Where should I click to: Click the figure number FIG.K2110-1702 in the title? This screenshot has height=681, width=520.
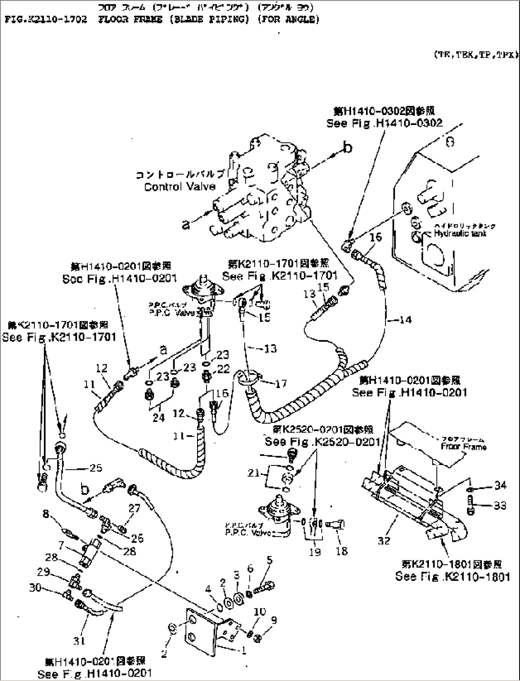click(46, 20)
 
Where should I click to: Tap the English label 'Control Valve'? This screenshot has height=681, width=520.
click(180, 187)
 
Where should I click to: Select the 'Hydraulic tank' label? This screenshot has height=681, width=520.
click(460, 234)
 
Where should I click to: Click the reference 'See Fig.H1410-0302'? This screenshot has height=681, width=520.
click(385, 123)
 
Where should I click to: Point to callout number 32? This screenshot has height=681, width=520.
click(384, 540)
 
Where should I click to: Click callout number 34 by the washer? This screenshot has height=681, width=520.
click(500, 485)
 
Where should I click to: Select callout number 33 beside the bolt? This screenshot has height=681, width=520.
click(500, 506)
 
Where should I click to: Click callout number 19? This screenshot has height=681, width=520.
click(314, 552)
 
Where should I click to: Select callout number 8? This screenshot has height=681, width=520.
click(46, 514)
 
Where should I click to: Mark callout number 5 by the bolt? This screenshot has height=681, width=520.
click(270, 560)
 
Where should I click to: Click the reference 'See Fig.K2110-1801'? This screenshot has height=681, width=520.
click(452, 577)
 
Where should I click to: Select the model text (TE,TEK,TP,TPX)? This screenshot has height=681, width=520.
click(475, 55)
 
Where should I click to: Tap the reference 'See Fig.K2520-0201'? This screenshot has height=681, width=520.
click(323, 442)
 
